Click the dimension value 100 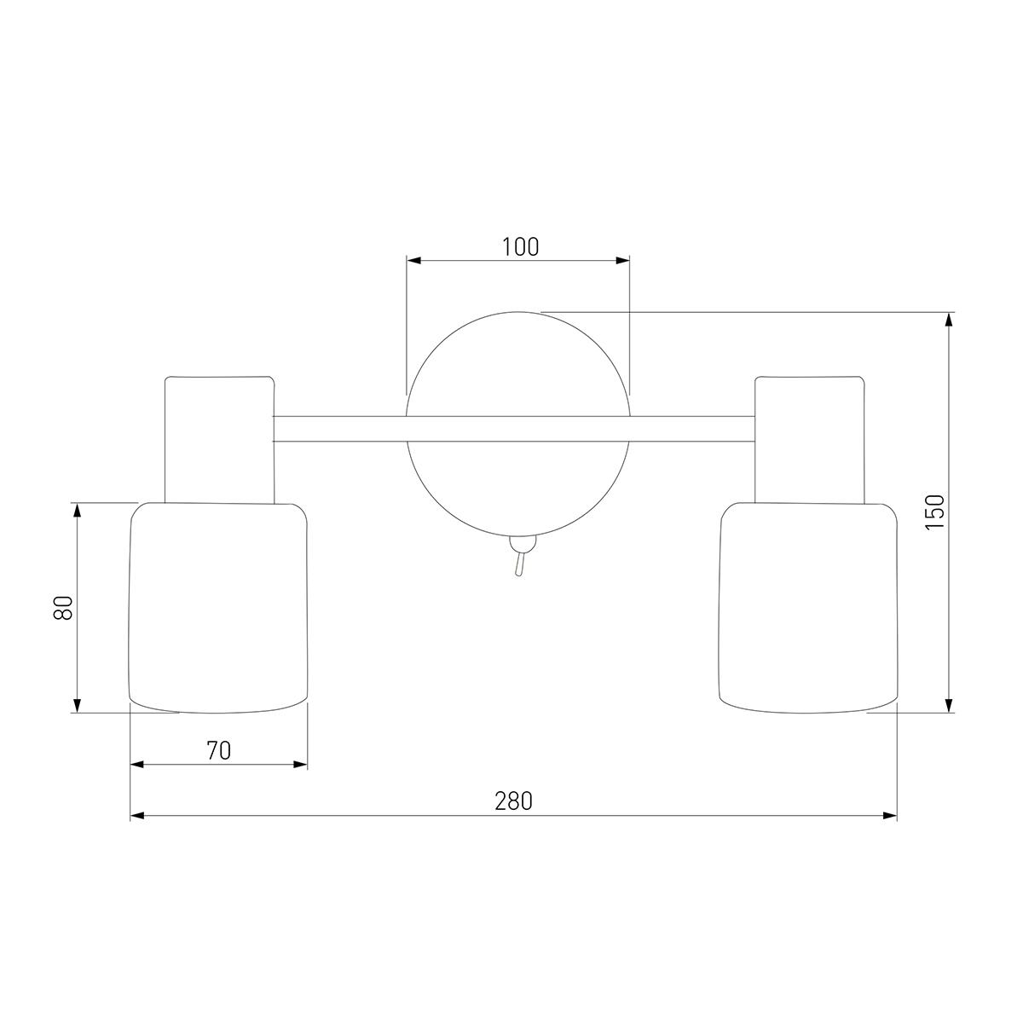coord(520,246)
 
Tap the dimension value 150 coord(935,511)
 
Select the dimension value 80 coord(63,607)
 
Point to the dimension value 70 coord(219,750)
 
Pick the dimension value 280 coord(513,801)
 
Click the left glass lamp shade coord(218,607)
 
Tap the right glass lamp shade coord(808,607)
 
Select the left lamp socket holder coord(219,440)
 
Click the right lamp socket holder coord(810,440)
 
